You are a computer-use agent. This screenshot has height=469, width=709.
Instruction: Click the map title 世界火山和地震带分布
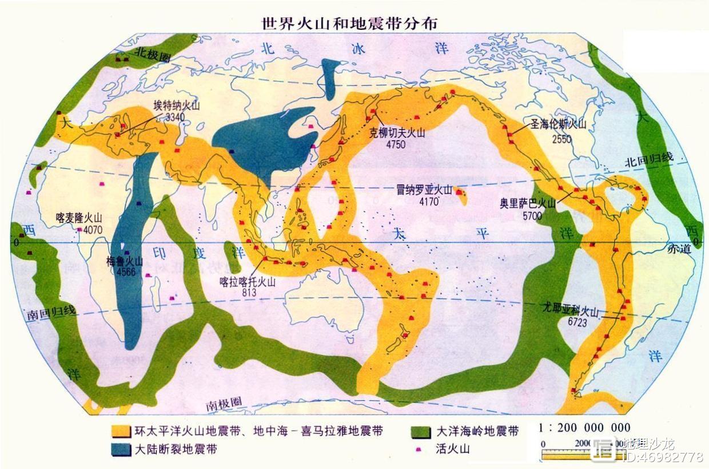pos(350,23)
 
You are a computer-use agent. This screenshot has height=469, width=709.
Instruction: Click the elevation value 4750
pos(395,144)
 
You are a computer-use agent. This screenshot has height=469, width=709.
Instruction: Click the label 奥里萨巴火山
pos(528,204)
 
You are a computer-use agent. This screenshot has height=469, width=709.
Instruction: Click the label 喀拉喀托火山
pos(248,282)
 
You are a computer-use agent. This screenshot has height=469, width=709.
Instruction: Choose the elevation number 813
pos(249,293)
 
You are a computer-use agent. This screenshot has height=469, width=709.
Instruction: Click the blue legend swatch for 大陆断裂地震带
pos(120,450)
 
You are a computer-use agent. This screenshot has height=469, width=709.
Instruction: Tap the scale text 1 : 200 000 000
pos(584,428)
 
